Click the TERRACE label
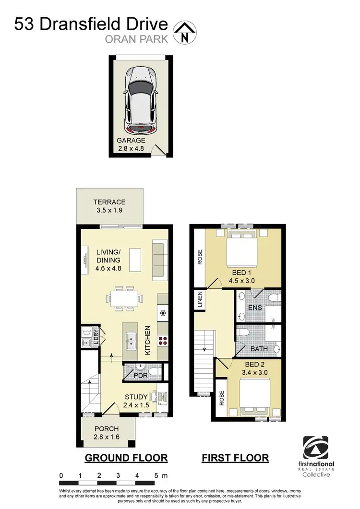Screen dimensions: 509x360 tap(109, 202)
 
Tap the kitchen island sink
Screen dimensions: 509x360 tap(130, 342)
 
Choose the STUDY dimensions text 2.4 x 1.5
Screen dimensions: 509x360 tap(137, 404)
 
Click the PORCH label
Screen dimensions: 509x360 tap(107, 428)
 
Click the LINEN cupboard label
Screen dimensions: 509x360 tap(200, 300)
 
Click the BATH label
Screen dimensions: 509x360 tap(258, 349)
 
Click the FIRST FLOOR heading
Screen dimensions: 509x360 tap(235, 458)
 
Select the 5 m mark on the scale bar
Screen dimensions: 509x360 tap(156, 475)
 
